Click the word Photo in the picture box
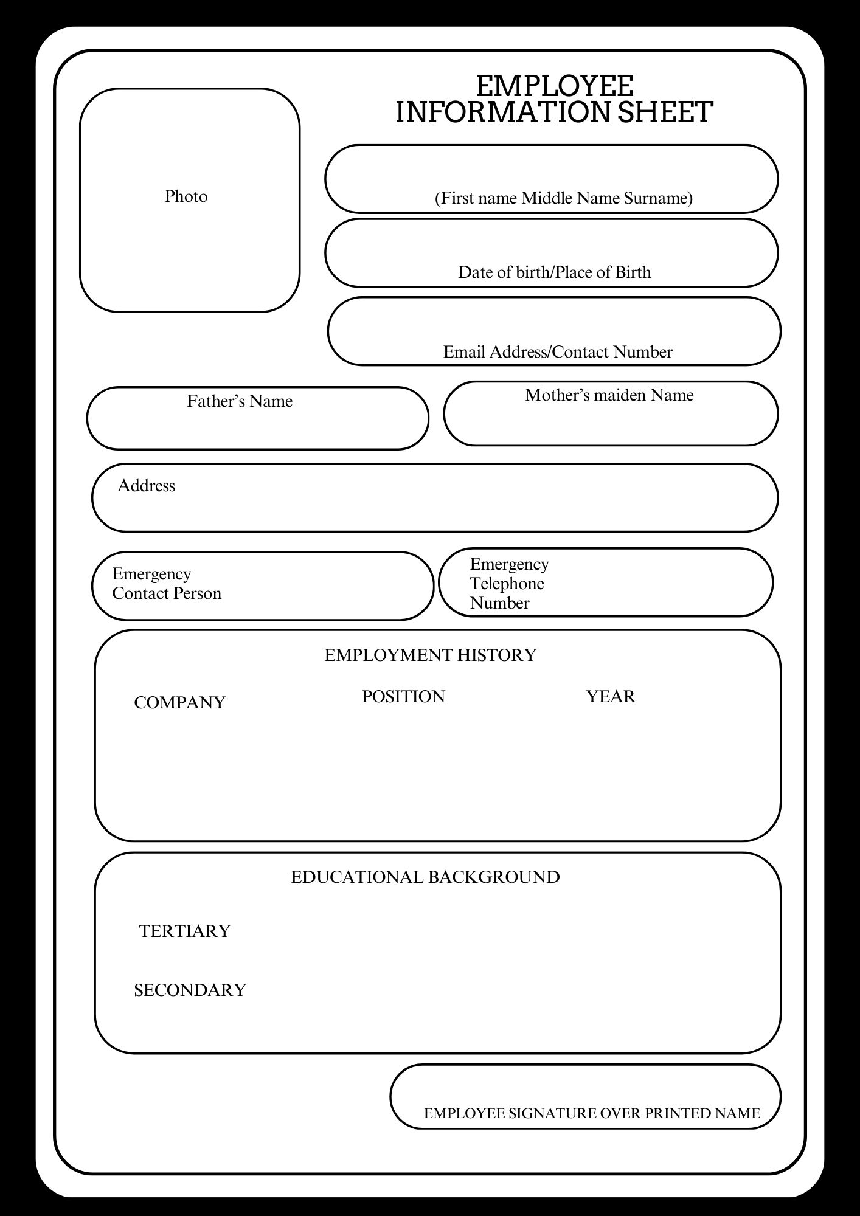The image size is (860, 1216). coord(186,196)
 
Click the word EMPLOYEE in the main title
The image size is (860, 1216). coord(554,86)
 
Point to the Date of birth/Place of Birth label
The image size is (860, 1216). coord(554,272)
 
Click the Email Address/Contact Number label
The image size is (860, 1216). coord(558,352)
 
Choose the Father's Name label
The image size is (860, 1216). coord(240,401)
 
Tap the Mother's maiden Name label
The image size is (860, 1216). coord(609,395)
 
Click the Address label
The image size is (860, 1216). coord(147,486)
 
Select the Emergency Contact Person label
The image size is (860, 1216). coord(166,584)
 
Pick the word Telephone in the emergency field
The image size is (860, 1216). coord(507,584)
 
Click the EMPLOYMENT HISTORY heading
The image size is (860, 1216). coord(430,655)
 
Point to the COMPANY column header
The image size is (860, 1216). coord(179,702)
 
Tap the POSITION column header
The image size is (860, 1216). coord(403,696)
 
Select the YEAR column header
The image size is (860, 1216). coord(611,696)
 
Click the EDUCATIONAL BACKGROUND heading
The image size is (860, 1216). coord(425,877)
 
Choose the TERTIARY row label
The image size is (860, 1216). coord(185,931)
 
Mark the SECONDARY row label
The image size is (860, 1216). coord(190,990)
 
